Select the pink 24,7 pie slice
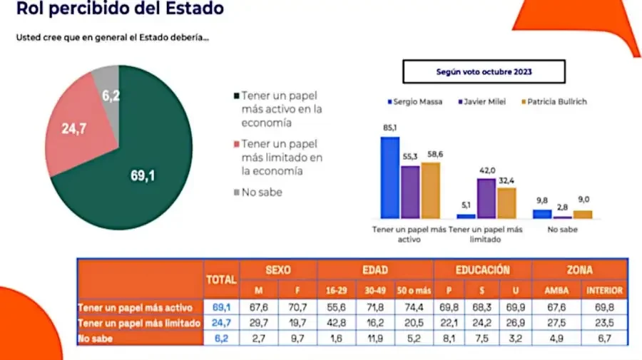click(76, 128)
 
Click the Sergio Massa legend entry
click(414, 101)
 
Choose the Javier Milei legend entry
click(482, 101)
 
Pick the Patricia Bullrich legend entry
click(554, 101)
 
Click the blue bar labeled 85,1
click(389, 178)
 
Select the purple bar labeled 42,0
click(486, 198)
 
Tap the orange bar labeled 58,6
click(431, 190)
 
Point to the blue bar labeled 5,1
click(466, 216)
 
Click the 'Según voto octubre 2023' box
click(484, 71)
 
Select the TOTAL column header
click(221, 280)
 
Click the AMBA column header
click(556, 290)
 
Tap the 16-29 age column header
click(336, 290)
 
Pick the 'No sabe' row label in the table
click(95, 339)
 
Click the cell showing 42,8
click(336, 323)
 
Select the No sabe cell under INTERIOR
click(604, 339)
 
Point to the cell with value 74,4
click(414, 307)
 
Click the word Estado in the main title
click(195, 8)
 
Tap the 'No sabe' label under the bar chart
click(563, 230)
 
